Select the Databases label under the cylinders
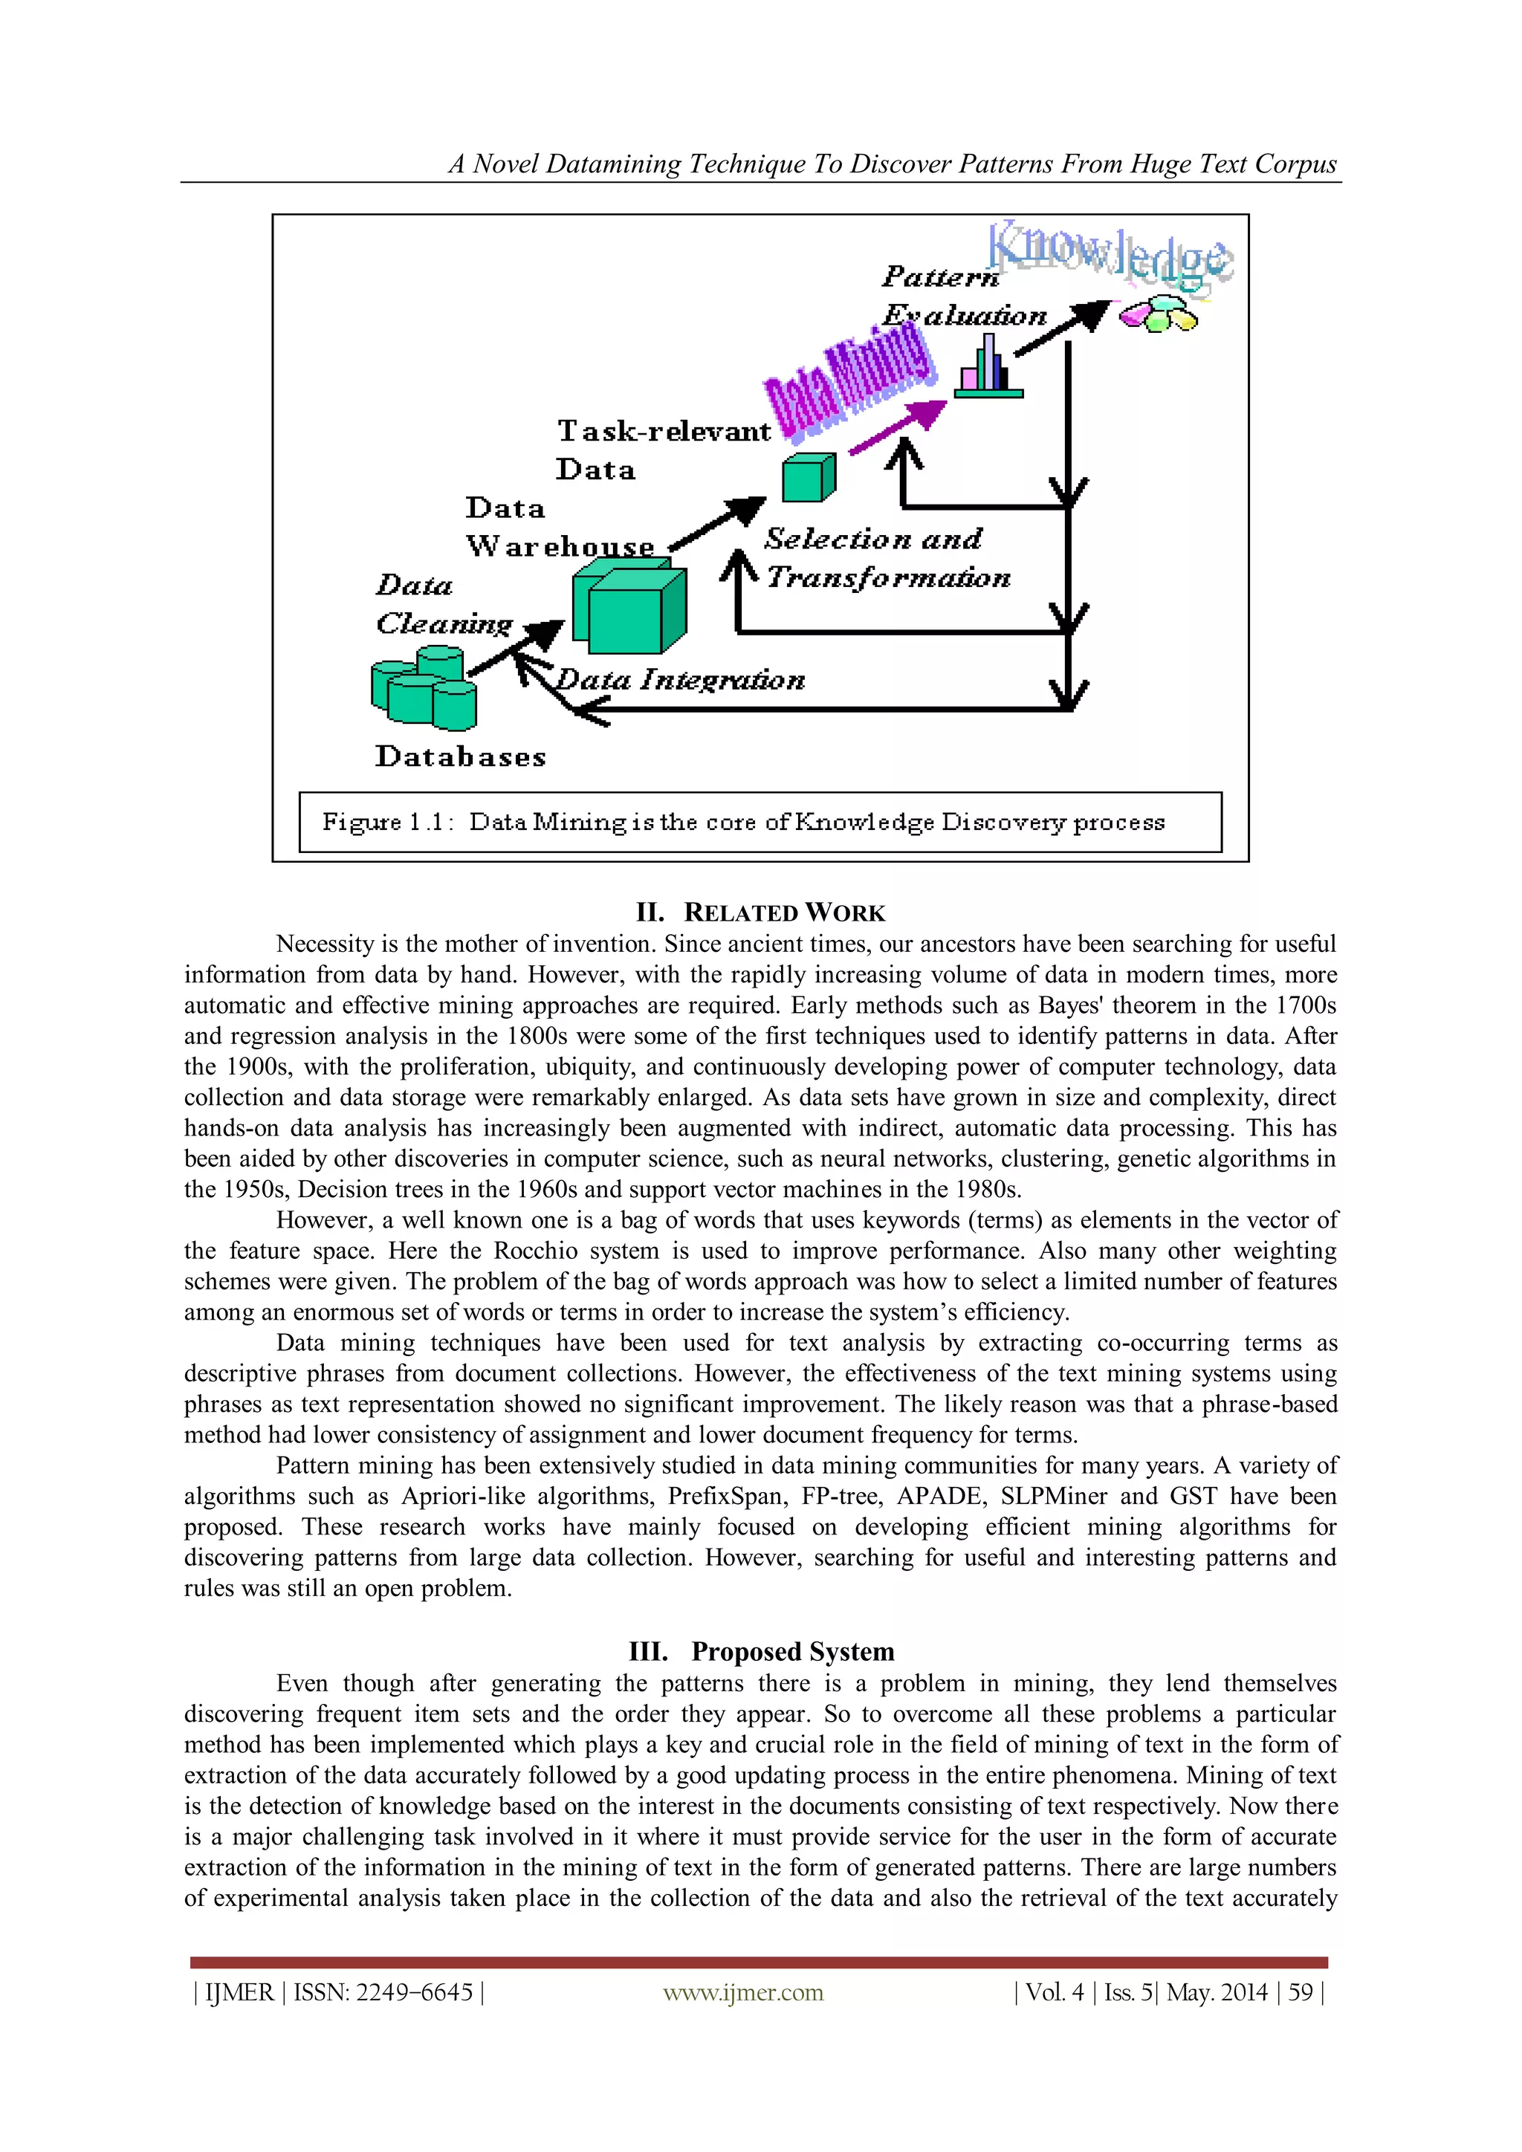[460, 756]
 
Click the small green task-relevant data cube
[808, 477]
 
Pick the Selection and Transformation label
[886, 557]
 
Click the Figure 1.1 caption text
[743, 822]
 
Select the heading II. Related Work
[760, 912]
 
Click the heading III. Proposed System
[761, 1650]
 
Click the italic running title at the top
[893, 164]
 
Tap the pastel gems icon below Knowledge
[1159, 315]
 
